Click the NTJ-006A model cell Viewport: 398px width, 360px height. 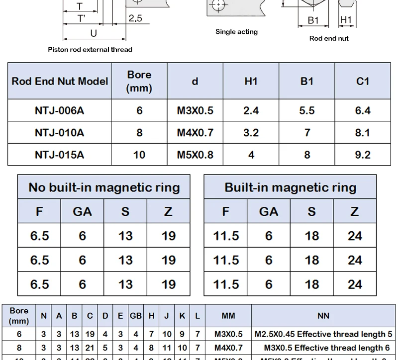coord(59,110)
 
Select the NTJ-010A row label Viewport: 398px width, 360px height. coord(59,133)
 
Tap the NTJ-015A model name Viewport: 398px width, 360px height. coord(59,155)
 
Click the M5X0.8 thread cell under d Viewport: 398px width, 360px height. coord(195,155)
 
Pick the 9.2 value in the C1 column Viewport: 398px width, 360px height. coord(363,155)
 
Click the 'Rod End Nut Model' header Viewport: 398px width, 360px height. coord(60,81)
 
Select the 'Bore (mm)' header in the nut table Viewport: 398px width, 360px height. coord(139,81)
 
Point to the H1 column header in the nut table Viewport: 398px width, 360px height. coord(251,81)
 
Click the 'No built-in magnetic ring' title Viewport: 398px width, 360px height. coord(104,187)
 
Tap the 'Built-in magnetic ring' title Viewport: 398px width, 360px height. coord(291,187)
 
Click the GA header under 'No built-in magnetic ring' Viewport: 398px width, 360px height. coord(82,212)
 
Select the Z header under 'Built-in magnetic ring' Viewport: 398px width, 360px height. coord(355,212)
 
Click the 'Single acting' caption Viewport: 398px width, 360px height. coord(236,32)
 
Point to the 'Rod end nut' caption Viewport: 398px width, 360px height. coord(329,38)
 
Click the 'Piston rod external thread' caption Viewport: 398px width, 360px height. coord(90,49)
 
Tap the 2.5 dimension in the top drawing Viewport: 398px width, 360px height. coord(135,18)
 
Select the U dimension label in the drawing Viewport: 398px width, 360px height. coord(93,33)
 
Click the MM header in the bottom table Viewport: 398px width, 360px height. coord(228,315)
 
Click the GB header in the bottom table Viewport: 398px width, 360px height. coord(136,315)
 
